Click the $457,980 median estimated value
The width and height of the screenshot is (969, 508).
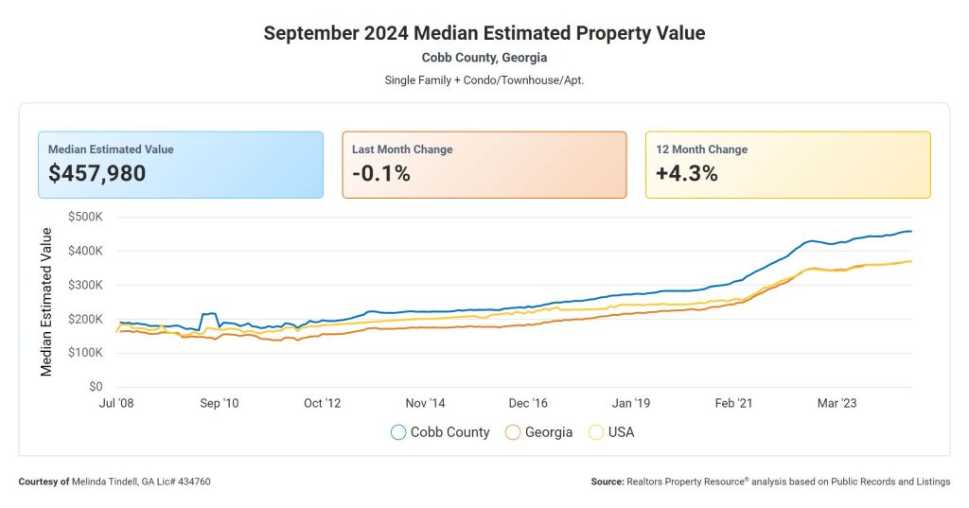97,173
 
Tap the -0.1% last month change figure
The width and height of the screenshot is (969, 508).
380,173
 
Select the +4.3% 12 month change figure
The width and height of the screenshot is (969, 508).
687,173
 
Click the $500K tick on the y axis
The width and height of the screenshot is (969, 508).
85,217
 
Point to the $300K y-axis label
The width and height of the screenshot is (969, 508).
85,285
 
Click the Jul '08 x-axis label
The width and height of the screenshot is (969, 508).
116,403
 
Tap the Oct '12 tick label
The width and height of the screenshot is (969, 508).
322,403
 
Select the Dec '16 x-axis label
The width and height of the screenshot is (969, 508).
527,403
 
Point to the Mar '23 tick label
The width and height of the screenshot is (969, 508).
837,403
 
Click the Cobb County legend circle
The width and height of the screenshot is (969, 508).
398,432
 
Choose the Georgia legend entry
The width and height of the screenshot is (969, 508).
539,432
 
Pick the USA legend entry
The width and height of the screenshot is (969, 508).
611,432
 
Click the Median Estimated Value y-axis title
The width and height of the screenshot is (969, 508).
46,302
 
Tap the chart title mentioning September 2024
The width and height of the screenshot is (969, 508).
484,33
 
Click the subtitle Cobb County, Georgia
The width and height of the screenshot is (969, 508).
484,58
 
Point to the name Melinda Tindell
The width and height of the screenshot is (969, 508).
112,482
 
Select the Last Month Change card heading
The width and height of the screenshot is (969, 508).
402,149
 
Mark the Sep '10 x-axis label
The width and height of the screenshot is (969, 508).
219,403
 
